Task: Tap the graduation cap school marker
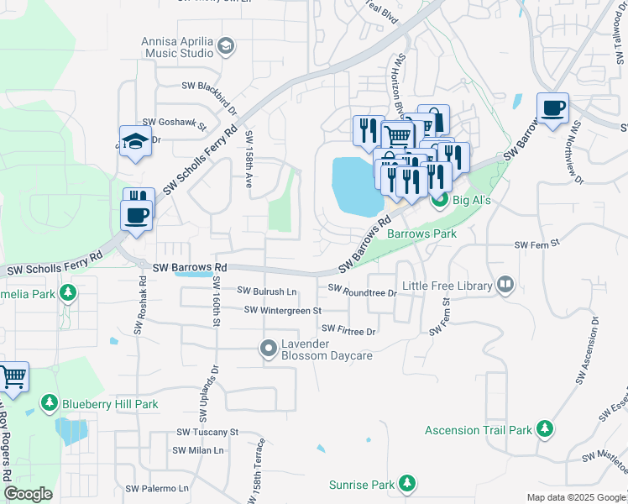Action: [134, 142]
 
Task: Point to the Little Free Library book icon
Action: [505, 286]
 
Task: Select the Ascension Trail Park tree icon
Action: [545, 430]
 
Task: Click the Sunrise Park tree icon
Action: [407, 485]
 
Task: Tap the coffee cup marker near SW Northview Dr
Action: [552, 108]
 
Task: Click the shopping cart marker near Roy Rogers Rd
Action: [13, 377]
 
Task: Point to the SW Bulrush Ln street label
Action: [268, 291]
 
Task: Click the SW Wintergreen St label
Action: [283, 311]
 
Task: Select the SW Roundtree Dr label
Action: [362, 291]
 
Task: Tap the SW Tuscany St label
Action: [207, 432]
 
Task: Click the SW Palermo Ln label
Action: [157, 488]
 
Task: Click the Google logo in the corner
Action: [28, 494]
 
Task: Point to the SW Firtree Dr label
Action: [348, 331]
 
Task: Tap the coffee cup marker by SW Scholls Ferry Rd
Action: [137, 215]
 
